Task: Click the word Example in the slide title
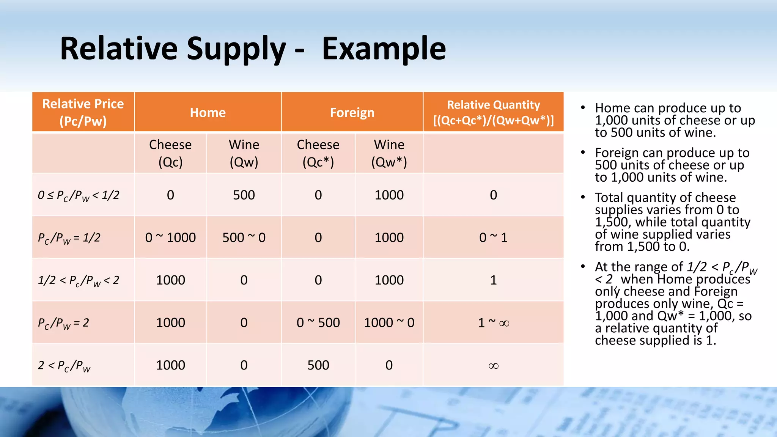pyautogui.click(x=384, y=49)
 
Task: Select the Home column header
pyautogui.click(x=208, y=113)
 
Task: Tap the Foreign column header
pyautogui.click(x=352, y=113)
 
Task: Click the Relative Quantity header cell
pyautogui.click(x=493, y=112)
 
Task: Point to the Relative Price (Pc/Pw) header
pyautogui.click(x=83, y=112)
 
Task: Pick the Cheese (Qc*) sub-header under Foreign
pyautogui.click(x=318, y=153)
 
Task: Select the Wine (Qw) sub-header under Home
pyautogui.click(x=244, y=153)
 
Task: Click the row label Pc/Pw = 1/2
pyautogui.click(x=69, y=238)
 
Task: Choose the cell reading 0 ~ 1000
pyautogui.click(x=170, y=237)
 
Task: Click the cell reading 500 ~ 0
pyautogui.click(x=244, y=237)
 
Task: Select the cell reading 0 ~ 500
pyautogui.click(x=318, y=322)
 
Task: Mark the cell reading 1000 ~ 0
pyautogui.click(x=389, y=322)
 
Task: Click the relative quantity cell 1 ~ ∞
pyautogui.click(x=493, y=323)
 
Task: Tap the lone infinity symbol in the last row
pyautogui.click(x=493, y=366)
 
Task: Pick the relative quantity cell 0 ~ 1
pyautogui.click(x=493, y=237)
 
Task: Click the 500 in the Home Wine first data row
pyautogui.click(x=244, y=195)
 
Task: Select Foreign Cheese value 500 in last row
pyautogui.click(x=318, y=365)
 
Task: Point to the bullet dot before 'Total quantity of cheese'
pyautogui.click(x=583, y=197)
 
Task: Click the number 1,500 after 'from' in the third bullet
pyautogui.click(x=644, y=247)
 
